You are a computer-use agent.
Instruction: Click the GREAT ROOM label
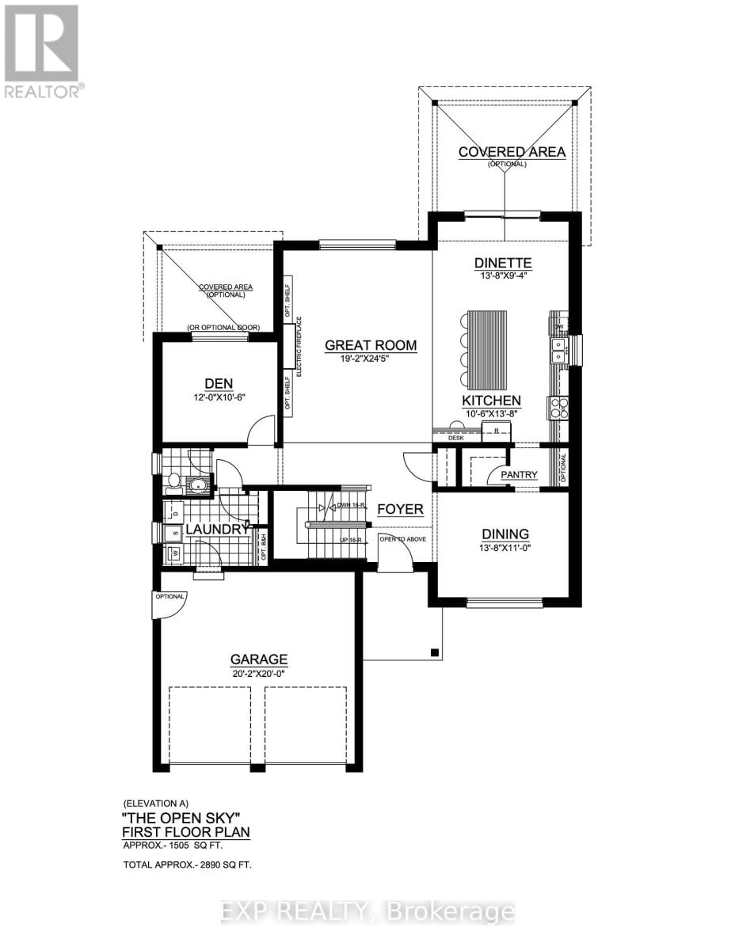tap(371, 345)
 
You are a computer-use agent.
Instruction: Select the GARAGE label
tap(258, 659)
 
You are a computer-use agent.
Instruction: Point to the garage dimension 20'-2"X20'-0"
tap(258, 673)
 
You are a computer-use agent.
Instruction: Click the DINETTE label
tap(502, 264)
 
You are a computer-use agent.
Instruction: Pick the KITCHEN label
tap(492, 401)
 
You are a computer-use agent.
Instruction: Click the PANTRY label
tap(519, 475)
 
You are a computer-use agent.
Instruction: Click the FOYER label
tap(400, 509)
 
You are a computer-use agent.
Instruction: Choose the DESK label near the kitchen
tap(455, 437)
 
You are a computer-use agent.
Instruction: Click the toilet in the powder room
tap(175, 480)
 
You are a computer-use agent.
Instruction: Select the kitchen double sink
tap(560, 350)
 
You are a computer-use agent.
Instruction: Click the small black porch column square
tap(434, 652)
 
